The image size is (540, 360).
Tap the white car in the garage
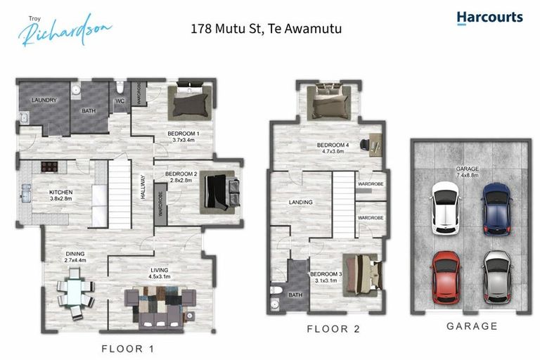[x=444, y=207]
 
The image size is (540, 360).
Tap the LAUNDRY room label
[x=44, y=101]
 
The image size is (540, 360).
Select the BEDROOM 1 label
[x=183, y=134]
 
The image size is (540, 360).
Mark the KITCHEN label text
[x=60, y=191]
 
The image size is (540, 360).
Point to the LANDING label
[x=301, y=202]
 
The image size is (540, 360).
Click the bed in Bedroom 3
[x=361, y=274]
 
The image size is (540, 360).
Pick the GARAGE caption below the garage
[x=472, y=326]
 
